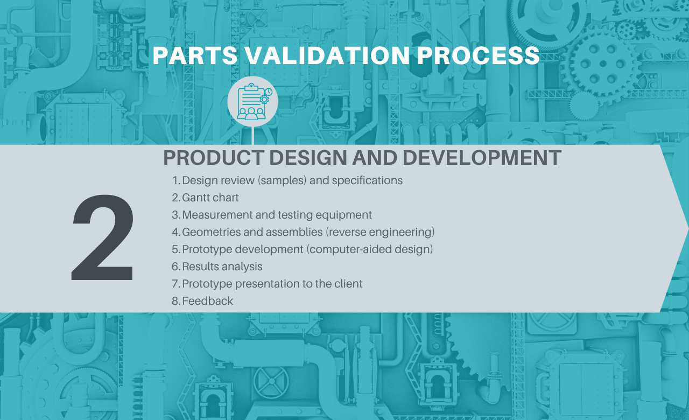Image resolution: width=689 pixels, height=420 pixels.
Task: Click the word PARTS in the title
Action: pos(195,55)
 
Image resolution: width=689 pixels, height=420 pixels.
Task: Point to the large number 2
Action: pos(103,237)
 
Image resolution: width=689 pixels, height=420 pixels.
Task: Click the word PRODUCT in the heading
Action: pos(214,158)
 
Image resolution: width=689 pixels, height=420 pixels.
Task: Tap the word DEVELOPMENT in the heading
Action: pos(482,158)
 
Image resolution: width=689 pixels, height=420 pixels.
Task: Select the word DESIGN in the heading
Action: pos(308,158)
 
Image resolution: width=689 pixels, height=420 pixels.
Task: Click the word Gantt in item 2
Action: pos(195,198)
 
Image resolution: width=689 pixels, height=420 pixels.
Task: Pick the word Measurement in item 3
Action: pos(217,215)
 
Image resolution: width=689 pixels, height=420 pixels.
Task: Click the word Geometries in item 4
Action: pos(212,232)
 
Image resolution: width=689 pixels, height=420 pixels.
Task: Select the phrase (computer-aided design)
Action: pos(369,249)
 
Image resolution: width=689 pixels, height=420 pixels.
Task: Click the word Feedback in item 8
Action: pos(208,301)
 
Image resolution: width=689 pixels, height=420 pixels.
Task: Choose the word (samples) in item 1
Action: pos(282,180)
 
